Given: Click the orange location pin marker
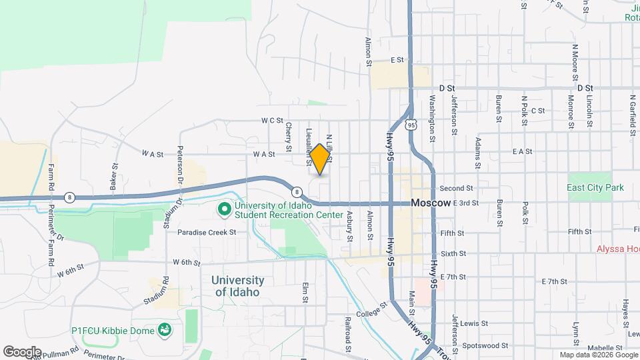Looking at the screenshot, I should pyautogui.click(x=320, y=158).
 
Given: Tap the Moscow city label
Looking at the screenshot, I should pyautogui.click(x=431, y=203).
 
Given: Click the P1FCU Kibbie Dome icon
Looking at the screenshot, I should pyautogui.click(x=164, y=330).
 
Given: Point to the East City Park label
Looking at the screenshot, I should pyautogui.click(x=595, y=188).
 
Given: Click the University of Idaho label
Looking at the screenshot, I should pyautogui.click(x=239, y=286).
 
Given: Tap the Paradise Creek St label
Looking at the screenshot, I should pyautogui.click(x=207, y=233).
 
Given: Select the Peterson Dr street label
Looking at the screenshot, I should pyautogui.click(x=180, y=165).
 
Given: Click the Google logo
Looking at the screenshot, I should pyautogui.click(x=22, y=351).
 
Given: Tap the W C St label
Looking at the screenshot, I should pyautogui.click(x=273, y=121).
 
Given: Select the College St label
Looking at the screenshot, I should pyautogui.click(x=371, y=311).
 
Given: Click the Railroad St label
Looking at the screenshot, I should pyautogui.click(x=348, y=331).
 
